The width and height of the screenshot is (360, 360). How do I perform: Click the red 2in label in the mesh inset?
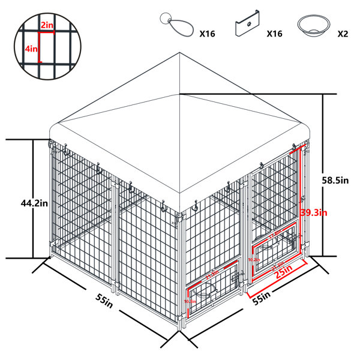[47, 26]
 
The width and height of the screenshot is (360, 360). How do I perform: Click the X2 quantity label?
[343, 34]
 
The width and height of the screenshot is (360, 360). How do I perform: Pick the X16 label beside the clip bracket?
[274, 34]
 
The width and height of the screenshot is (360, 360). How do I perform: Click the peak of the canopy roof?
[179, 53]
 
